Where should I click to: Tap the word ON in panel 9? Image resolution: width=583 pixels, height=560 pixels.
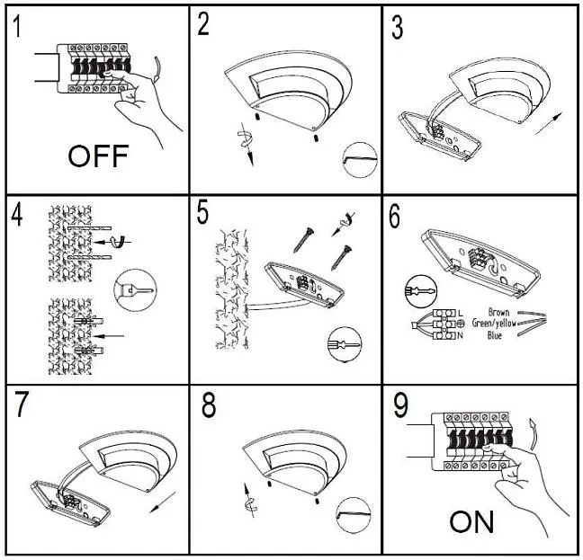[472, 521]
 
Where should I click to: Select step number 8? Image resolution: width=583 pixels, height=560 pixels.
[208, 405]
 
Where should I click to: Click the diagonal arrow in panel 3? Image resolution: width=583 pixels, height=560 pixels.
[545, 120]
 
